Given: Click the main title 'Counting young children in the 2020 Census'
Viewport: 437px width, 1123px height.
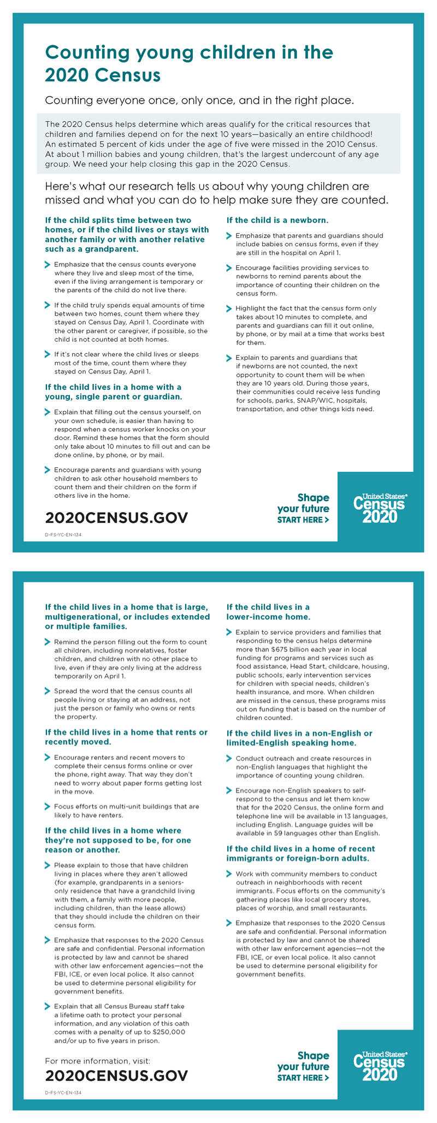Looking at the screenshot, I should [188, 63].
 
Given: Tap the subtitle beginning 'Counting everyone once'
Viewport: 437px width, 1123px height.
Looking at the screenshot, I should [199, 100].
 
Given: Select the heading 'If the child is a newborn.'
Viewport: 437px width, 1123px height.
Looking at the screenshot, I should [277, 221].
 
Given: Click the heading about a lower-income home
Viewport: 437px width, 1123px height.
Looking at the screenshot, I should [268, 612].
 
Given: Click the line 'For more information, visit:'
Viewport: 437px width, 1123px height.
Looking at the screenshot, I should [97, 1061].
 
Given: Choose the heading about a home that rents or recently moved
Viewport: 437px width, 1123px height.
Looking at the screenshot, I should [126, 737].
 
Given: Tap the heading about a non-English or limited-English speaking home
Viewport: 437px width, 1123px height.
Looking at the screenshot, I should [299, 738].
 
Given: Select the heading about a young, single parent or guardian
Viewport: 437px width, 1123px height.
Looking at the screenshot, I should [113, 391].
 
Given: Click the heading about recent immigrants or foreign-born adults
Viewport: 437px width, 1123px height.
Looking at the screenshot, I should [300, 853].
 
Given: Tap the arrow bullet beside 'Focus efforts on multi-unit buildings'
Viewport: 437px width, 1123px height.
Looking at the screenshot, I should [48, 806].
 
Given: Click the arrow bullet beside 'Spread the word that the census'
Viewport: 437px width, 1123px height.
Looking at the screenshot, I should [48, 691].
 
